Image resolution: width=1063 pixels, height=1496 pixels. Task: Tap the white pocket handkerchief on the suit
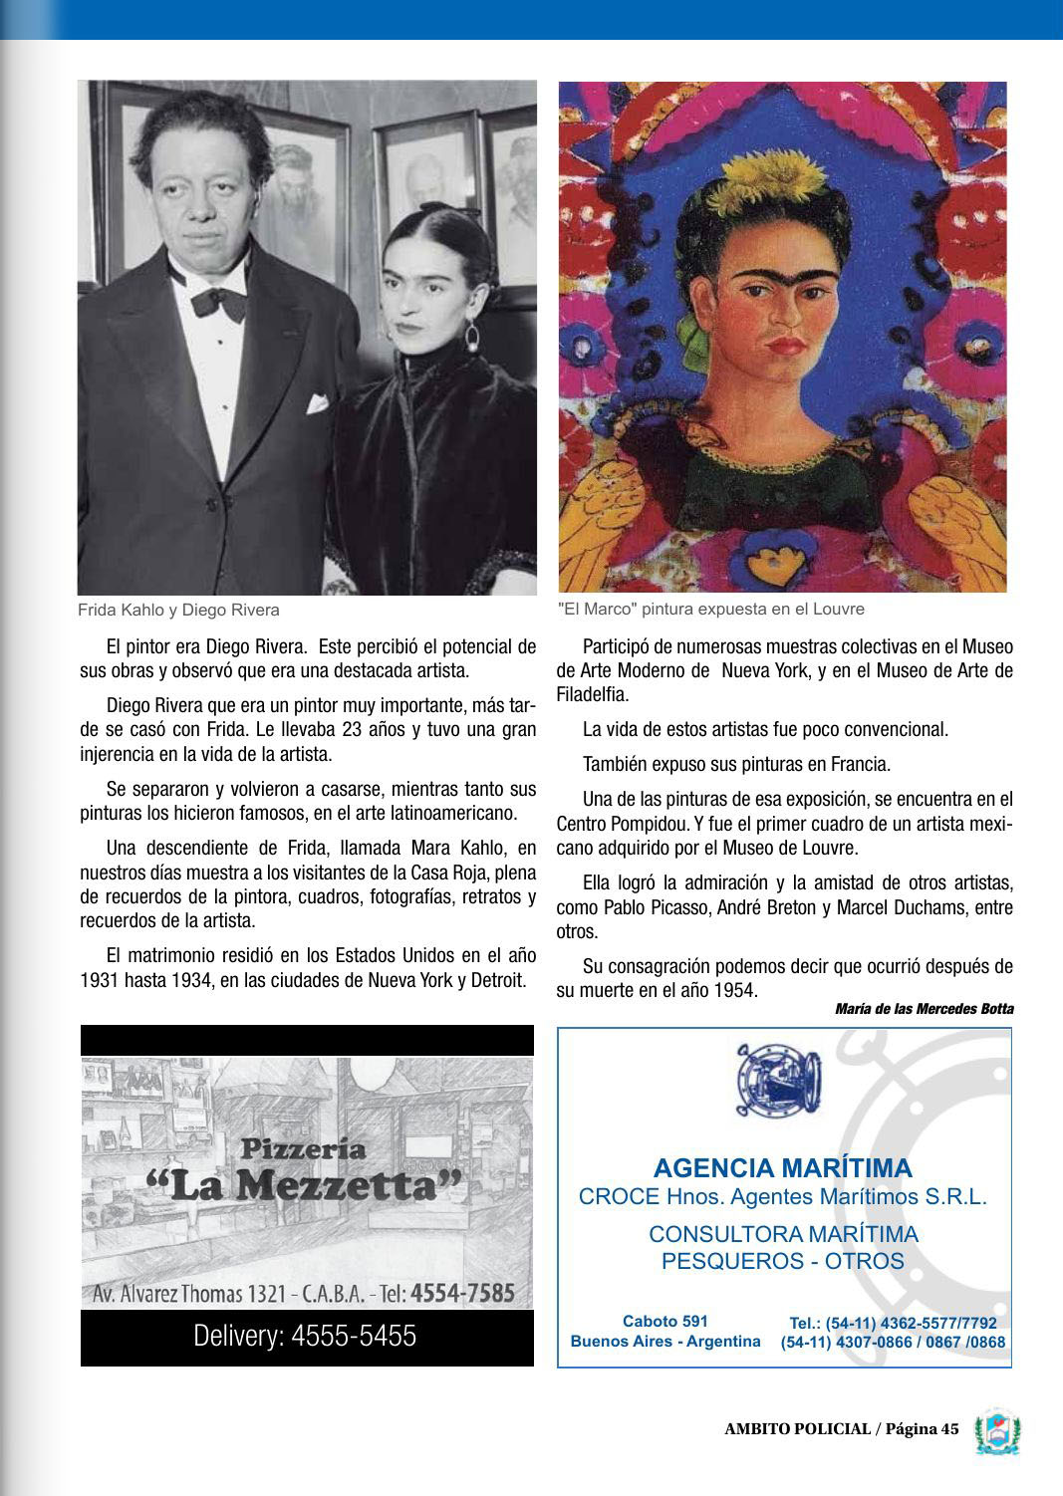pos(317,403)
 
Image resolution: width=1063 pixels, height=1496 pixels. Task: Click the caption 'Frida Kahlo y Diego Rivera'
pos(178,610)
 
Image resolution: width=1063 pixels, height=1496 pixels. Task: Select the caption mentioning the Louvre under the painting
pos(711,609)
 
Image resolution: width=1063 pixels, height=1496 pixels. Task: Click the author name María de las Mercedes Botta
pos(924,1009)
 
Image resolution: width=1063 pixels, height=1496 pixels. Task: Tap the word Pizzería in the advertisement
pos(303,1148)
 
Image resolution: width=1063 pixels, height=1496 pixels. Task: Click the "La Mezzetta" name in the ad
pos(305,1185)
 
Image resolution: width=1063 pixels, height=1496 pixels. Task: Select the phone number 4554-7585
pos(462,1294)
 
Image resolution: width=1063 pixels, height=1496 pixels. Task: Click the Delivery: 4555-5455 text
pos(305,1336)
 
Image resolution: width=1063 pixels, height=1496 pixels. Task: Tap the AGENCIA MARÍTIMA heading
pos(782,1167)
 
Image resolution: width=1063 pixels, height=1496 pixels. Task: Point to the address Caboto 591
pos(664,1322)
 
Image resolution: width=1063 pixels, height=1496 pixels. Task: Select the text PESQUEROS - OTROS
pos(782,1261)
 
